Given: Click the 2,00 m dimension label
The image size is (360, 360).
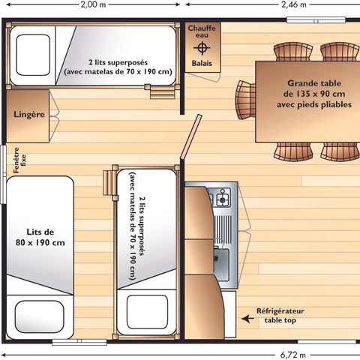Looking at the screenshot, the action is click(93, 4).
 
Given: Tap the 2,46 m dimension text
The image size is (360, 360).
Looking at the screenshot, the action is click(294, 4).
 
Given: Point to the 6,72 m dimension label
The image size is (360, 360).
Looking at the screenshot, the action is click(293, 355).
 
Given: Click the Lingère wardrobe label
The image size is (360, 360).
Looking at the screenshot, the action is click(29, 115).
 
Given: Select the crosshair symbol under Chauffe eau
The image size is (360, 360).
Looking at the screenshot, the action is click(202, 48).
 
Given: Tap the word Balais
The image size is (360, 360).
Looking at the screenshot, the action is click(202, 63).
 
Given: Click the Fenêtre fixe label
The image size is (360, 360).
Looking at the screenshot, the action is click(19, 160).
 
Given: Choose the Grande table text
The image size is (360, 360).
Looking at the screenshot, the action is click(314, 83).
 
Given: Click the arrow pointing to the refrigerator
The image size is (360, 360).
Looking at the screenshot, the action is click(247, 319).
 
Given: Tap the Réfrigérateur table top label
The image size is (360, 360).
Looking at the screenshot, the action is click(280, 316).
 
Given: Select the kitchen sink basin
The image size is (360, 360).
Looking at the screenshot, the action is click(221, 265).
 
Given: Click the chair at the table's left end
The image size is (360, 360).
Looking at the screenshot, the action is click(245, 100).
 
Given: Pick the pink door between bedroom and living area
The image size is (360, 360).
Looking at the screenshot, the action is click(191, 136).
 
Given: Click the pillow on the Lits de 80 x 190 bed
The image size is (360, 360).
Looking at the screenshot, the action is click(40, 316).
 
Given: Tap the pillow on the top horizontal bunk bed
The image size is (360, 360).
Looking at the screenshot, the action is click(33, 55).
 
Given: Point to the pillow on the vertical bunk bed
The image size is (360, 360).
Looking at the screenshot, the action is click(147, 312).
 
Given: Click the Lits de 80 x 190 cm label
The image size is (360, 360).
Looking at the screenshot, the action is click(40, 237).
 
